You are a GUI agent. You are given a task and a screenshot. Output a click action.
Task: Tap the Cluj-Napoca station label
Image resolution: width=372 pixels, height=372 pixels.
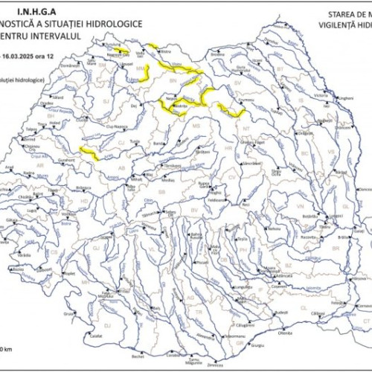tap(114, 127)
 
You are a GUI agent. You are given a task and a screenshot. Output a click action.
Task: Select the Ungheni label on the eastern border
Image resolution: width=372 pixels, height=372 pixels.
tap(345, 97)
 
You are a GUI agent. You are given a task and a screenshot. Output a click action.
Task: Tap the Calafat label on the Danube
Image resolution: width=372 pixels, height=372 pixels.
tap(94, 336)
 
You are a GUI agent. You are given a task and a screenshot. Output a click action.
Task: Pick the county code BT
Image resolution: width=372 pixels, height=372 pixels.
tap(280, 68)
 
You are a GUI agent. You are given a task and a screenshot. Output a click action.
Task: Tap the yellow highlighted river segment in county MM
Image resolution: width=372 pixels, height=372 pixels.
tap(145, 72)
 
